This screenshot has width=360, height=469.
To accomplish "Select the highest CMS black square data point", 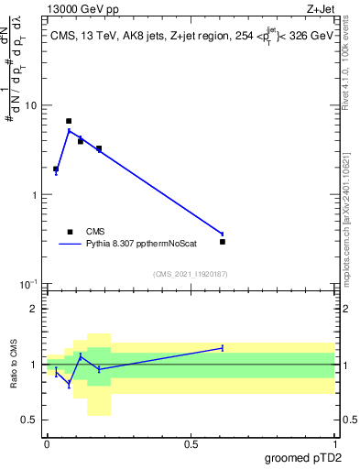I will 69,121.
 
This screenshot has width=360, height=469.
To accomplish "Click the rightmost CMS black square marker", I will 223,242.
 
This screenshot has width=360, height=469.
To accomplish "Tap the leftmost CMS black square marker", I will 56,169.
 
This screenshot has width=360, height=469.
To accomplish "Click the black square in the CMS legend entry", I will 69,232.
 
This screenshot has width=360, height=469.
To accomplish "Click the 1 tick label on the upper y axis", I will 35,195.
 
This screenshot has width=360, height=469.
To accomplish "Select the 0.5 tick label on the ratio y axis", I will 30,420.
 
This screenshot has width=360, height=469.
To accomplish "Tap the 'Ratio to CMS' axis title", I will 13,364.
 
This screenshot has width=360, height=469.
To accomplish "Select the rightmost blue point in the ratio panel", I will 223,348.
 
